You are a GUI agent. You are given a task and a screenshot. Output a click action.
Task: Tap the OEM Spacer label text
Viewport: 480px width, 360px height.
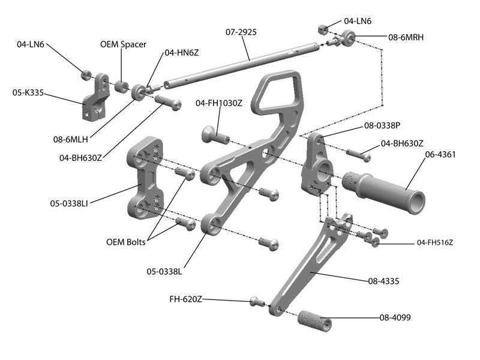tap(123, 44)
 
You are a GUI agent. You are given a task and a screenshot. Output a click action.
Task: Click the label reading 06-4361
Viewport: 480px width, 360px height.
tap(440, 154)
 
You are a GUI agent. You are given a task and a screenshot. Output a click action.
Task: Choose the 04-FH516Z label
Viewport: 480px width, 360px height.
tap(434, 243)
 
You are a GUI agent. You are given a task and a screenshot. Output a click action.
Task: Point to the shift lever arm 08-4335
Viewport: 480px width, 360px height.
tap(306, 264)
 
